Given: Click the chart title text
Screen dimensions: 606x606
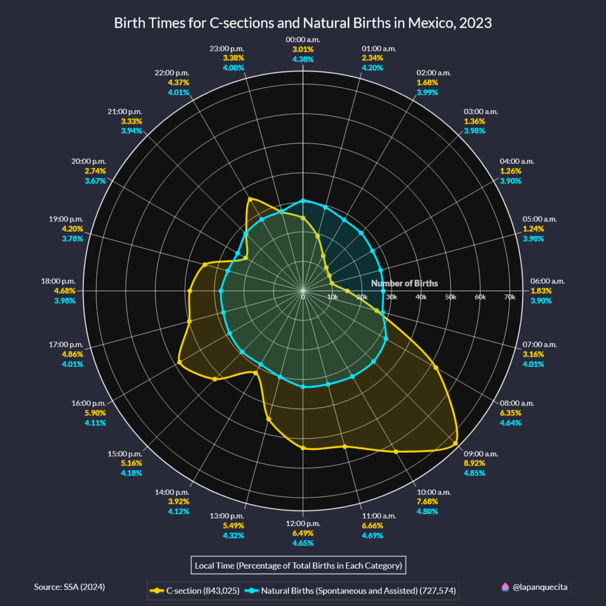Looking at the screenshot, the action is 302,23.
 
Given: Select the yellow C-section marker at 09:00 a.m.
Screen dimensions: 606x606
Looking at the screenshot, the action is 455,443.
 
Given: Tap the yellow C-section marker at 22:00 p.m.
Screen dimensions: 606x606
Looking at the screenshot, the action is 250,199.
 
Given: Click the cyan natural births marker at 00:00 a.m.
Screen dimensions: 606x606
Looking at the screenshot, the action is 303,201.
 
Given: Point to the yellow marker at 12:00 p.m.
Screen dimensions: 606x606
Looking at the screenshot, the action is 303,448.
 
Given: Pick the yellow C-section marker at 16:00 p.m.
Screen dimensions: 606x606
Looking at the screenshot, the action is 179,362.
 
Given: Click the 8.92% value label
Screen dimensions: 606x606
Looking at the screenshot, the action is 474,463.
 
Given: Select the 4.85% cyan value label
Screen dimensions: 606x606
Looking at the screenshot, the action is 474,473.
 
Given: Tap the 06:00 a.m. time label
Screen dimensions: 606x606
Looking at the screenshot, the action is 547,281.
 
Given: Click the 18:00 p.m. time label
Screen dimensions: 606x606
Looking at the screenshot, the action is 58,281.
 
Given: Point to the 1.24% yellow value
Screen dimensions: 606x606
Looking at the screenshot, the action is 533,228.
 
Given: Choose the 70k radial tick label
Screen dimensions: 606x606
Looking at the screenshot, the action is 510,297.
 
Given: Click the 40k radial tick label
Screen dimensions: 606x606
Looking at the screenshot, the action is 421,297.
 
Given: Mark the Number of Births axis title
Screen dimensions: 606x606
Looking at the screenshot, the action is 405,283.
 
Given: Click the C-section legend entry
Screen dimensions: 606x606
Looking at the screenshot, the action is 195,591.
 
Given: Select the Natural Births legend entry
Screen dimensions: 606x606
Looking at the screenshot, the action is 350,591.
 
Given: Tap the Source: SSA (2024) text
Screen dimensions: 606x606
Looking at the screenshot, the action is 70,586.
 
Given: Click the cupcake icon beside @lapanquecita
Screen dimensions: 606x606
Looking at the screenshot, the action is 505,588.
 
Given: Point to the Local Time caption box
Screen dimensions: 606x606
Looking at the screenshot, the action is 298,565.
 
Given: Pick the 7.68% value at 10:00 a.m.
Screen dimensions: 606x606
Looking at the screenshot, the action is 427,501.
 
